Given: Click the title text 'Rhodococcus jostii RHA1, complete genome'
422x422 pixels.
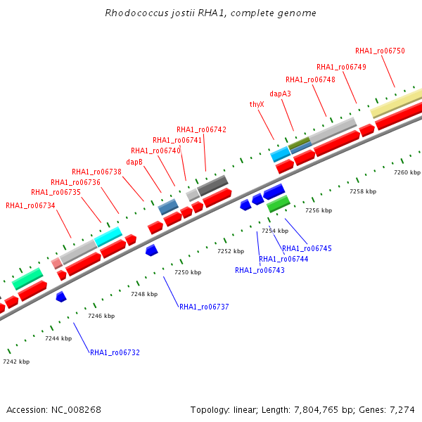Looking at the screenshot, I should (210, 13).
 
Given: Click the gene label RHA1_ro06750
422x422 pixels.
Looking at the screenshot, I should (380, 51).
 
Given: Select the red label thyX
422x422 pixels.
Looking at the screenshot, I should (257, 104).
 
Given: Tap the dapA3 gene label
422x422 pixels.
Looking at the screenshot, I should (280, 94).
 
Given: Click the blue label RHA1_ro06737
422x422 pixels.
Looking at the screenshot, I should (204, 307).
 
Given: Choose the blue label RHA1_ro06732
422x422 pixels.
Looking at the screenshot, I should (115, 352).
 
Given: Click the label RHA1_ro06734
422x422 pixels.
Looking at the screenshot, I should (30, 205).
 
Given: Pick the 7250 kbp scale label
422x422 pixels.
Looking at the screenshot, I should (188, 272).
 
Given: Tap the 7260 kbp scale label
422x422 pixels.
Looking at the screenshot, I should (407, 172).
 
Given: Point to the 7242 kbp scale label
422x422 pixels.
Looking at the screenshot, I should (16, 362).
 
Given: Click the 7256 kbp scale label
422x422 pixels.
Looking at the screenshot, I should (318, 210).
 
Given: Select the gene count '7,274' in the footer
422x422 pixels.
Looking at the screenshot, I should (401, 409).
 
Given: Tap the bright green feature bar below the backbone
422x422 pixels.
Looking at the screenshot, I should (279, 203).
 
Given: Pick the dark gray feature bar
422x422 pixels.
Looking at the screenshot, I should (213, 186).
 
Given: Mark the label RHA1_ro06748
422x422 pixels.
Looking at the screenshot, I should (310, 79).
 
